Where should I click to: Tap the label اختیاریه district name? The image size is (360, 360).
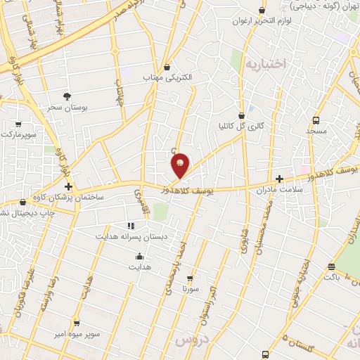pos(266,64)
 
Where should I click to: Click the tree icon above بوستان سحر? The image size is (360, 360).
pos(67,96)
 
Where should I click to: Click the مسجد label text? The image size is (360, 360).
pos(316,131)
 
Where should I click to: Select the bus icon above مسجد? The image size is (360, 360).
pos(316,120)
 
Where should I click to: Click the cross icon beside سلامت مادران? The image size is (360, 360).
pos(280,179)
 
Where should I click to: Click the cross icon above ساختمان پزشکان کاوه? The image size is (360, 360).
pos(68,186)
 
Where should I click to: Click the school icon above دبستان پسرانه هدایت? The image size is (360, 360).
pos(131,225)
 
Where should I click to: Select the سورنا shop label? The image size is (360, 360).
pos(191,288)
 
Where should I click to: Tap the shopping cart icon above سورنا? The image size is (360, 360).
pos(189,278)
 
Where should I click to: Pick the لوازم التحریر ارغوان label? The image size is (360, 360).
pos(263,22)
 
